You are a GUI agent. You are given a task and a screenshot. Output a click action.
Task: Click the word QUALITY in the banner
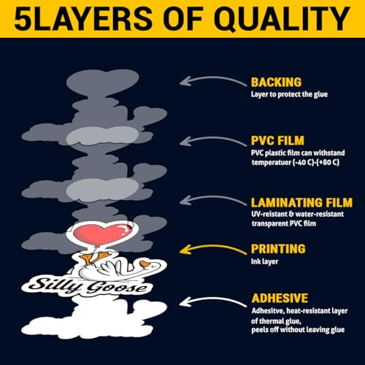pos(282,19)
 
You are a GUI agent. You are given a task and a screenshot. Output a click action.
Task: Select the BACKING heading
pos(276,82)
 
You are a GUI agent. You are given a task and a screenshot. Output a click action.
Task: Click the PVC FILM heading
pos(277,141)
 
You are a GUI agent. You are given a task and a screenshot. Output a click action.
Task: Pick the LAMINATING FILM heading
pos(301,202)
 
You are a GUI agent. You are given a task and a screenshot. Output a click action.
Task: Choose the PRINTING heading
pos(278,249)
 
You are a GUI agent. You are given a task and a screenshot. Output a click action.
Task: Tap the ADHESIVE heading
pos(280,299)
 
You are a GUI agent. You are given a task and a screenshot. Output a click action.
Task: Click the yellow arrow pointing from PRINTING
pos(212,246)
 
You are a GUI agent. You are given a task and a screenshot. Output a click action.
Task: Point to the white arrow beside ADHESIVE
pos(212,299)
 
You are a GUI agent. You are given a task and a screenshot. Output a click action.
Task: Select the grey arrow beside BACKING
pos(212,78)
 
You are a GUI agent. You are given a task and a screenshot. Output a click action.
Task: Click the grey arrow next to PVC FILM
pos(212,138)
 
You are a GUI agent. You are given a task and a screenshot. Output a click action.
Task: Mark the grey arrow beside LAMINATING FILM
pos(212,196)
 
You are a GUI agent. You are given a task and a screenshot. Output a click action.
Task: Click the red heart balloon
pos(102,234)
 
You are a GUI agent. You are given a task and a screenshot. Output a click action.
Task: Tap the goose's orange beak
pos(145,264)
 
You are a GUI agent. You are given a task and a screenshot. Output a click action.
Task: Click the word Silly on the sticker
pos(53,284)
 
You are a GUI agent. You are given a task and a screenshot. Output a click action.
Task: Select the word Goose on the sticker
pos(118,288)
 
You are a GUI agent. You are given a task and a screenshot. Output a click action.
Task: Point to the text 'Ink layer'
pos(264,261)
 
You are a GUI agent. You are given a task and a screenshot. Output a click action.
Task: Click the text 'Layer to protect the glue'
pos(289,94)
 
